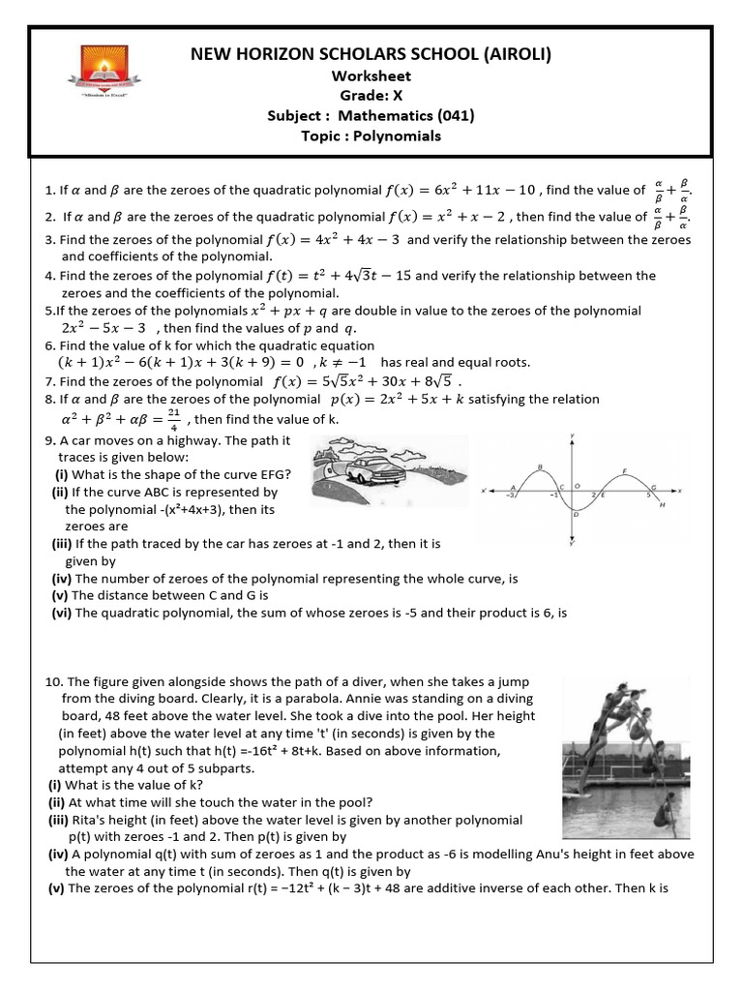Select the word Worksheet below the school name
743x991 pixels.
(371, 75)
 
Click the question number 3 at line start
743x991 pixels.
(49, 239)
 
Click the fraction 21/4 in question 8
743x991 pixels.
(173, 418)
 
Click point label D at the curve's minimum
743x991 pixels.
(577, 515)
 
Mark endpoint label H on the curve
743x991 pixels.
(662, 505)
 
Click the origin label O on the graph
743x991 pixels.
(578, 486)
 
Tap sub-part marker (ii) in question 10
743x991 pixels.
(60, 801)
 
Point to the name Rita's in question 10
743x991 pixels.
(90, 820)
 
